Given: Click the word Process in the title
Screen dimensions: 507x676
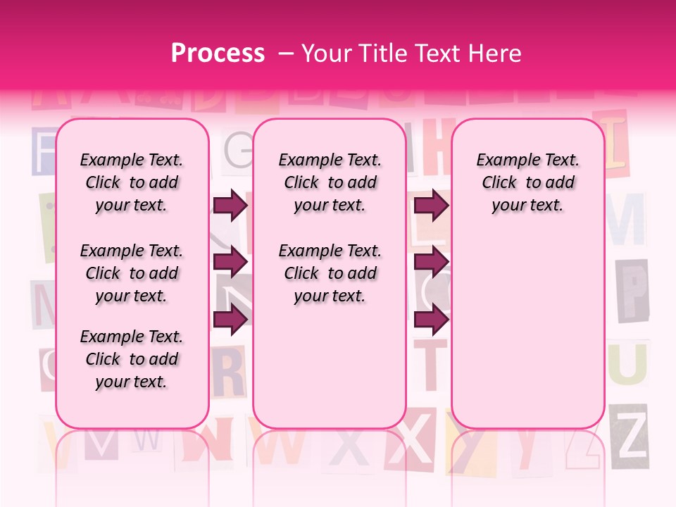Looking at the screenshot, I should point(218,54).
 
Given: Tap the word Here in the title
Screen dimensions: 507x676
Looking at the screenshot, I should point(496,54).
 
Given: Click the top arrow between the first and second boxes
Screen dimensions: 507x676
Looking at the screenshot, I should point(230,206).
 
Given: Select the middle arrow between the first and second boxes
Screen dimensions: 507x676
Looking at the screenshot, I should point(230,263).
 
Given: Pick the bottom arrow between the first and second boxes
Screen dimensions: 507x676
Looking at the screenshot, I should point(230,320).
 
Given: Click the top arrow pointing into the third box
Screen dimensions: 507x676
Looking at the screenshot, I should point(431,206).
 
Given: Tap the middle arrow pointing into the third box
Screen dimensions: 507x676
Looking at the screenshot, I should point(431,263).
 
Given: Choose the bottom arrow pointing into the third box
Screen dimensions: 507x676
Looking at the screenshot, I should point(431,320).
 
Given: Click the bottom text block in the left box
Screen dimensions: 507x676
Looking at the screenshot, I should point(132,359).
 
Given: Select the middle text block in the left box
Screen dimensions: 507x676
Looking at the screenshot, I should point(132,273).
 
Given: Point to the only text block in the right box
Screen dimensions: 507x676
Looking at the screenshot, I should point(528,182).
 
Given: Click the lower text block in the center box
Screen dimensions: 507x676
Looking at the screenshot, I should point(330,273).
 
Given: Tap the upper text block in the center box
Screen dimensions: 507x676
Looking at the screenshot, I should point(330,182).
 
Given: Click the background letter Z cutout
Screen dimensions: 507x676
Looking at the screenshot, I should point(629,435).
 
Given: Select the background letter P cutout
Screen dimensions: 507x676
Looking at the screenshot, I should point(632,289).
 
